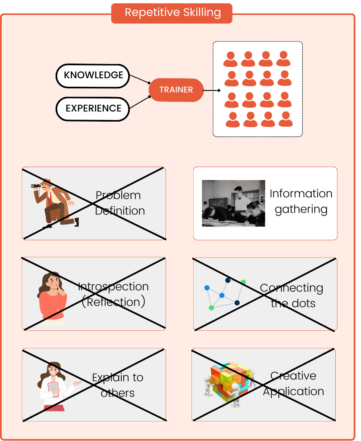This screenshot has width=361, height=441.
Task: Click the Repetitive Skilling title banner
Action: click(x=172, y=13)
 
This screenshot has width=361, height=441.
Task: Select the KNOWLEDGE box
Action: click(x=93, y=76)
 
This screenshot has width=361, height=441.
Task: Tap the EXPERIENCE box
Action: click(x=93, y=109)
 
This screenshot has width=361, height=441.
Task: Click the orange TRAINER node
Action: click(x=176, y=90)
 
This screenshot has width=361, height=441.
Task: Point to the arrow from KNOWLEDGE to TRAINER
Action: click(x=139, y=79)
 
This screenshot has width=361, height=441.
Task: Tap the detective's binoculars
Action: click(x=36, y=186)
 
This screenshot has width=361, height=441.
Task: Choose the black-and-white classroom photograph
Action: click(x=233, y=203)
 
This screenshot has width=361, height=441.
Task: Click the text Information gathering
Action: click(x=301, y=201)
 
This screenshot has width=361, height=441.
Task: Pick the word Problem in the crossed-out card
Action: click(x=118, y=195)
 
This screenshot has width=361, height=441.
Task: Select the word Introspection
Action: click(x=113, y=287)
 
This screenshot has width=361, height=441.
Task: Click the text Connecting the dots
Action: click(x=292, y=295)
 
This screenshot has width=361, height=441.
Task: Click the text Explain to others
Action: click(x=118, y=385)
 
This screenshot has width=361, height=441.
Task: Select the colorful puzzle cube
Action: click(x=231, y=381)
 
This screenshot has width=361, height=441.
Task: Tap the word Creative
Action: click(x=293, y=375)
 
